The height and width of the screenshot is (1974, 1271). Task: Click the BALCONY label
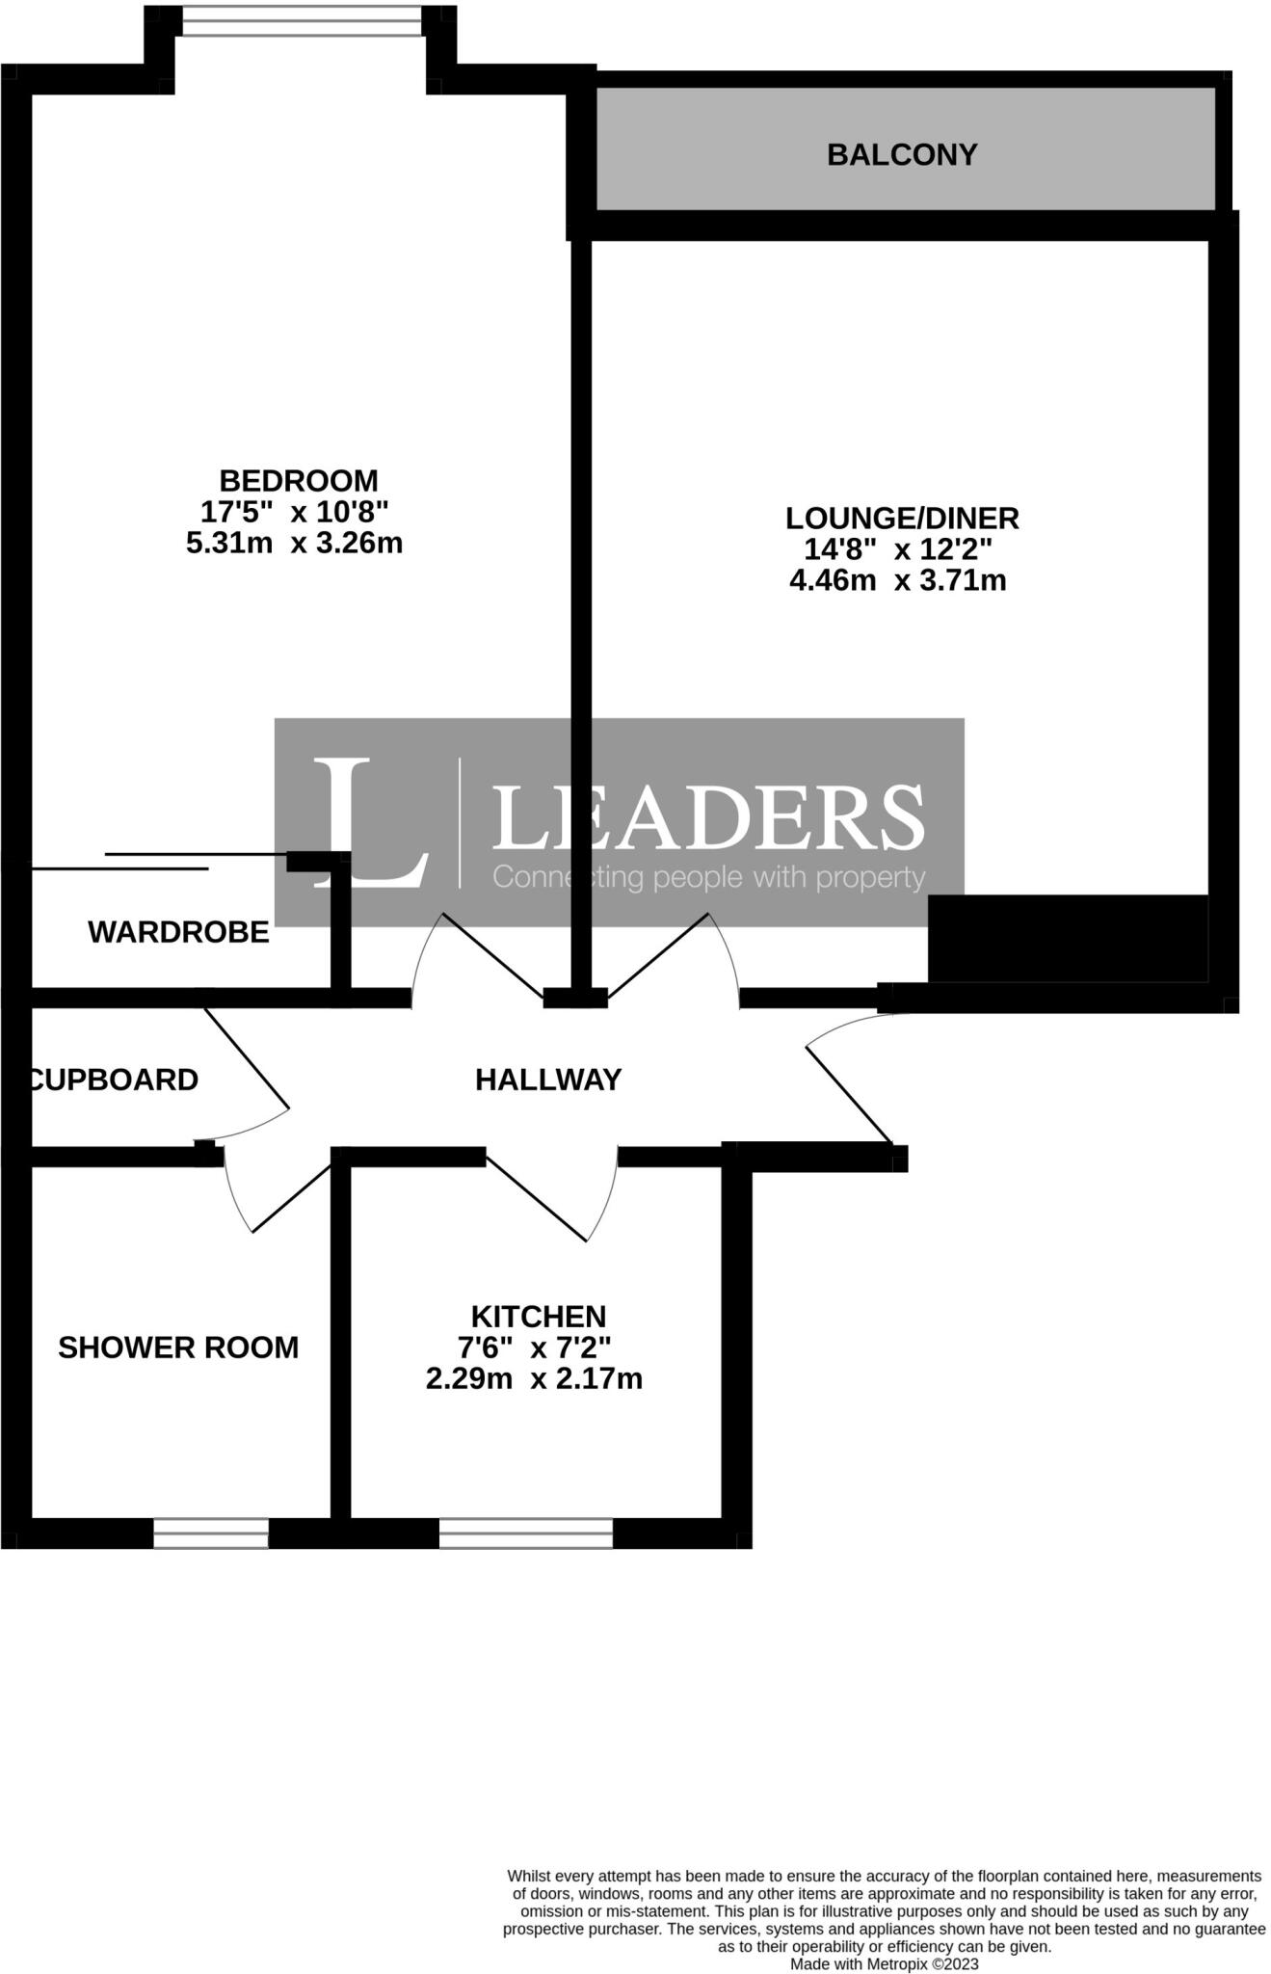click(x=902, y=154)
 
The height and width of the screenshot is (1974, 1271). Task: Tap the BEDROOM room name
click(x=299, y=480)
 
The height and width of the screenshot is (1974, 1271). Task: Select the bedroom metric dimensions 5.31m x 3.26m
click(x=294, y=543)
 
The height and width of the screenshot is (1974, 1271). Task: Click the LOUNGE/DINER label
click(x=902, y=518)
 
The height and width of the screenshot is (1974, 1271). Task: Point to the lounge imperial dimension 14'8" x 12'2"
click(x=898, y=549)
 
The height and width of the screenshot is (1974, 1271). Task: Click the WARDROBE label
click(x=178, y=932)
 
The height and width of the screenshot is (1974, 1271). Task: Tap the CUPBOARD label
click(x=114, y=1080)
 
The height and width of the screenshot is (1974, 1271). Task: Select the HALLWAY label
click(x=548, y=1080)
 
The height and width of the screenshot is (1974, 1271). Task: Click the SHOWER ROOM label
click(x=178, y=1347)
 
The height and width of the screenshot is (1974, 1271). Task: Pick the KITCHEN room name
click(x=538, y=1316)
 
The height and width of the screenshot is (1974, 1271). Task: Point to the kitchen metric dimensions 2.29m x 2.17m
click(x=534, y=1378)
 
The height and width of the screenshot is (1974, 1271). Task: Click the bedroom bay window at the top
click(x=301, y=20)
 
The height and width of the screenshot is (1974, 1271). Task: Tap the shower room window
click(x=210, y=1533)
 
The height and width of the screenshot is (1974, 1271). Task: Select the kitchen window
click(x=525, y=1533)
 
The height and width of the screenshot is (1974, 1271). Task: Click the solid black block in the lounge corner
click(x=1068, y=939)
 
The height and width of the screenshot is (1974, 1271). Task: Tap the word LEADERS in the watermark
click(x=708, y=817)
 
